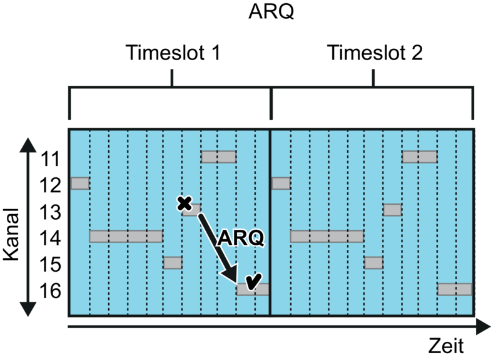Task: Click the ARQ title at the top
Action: [x=271, y=12]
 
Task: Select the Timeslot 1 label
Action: [x=173, y=53]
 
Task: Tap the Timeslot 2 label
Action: [x=375, y=53]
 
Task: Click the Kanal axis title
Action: [x=12, y=234]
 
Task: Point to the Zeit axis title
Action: [x=446, y=346]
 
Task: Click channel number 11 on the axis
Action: [x=50, y=159]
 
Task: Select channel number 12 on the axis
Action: [x=50, y=185]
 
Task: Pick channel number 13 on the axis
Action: [x=50, y=212]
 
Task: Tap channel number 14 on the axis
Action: [x=50, y=238]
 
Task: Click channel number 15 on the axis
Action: [x=50, y=264]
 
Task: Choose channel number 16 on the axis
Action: [x=50, y=291]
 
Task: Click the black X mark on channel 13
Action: [x=185, y=204]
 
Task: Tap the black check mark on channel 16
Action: [x=253, y=281]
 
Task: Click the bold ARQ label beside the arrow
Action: [x=241, y=238]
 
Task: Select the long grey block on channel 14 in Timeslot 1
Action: [x=126, y=236]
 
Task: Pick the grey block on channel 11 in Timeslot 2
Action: [x=420, y=157]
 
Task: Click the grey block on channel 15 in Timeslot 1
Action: [x=173, y=262]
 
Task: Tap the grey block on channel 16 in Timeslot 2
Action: [x=455, y=289]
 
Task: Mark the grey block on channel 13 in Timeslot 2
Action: [x=392, y=210]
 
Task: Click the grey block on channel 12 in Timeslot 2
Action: [x=281, y=183]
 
